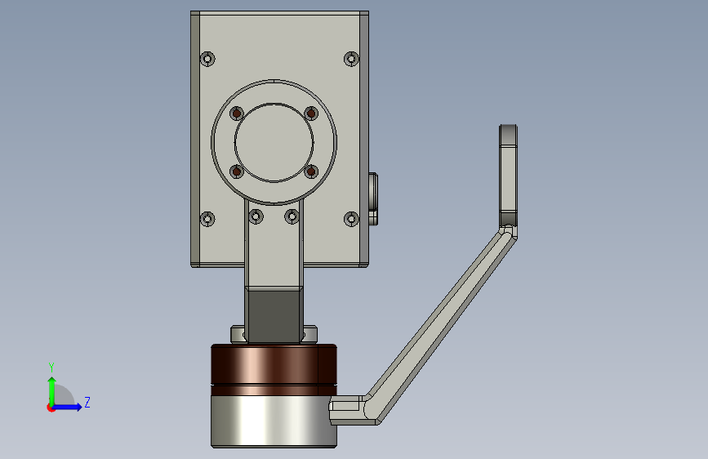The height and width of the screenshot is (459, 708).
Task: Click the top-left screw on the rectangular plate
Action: click(207, 59)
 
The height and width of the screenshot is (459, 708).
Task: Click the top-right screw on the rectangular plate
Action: click(351, 59)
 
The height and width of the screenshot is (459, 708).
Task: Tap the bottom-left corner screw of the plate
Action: click(207, 219)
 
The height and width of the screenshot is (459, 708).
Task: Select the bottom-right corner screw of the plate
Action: click(351, 219)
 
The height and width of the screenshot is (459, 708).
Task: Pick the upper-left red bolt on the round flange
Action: click(237, 114)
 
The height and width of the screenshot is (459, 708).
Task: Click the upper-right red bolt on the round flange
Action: click(311, 114)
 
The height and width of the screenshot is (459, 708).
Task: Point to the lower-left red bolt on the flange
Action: click(237, 172)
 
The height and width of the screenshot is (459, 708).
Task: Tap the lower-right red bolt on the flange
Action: click(311, 172)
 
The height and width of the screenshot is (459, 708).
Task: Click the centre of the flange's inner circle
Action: click(274, 143)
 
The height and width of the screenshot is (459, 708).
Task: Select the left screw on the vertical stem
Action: click(256, 217)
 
